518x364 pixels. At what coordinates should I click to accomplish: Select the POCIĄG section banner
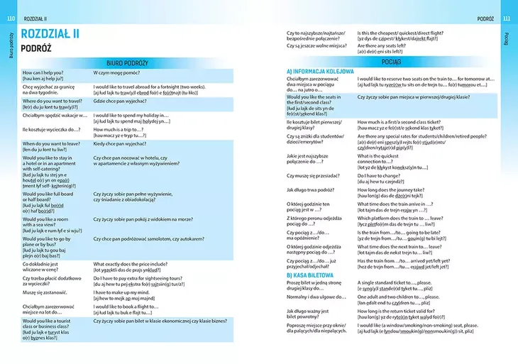(x=392, y=62)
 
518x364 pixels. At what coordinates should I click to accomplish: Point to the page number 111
(x=506, y=18)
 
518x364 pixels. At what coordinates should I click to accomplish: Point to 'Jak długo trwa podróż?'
(x=312, y=189)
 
